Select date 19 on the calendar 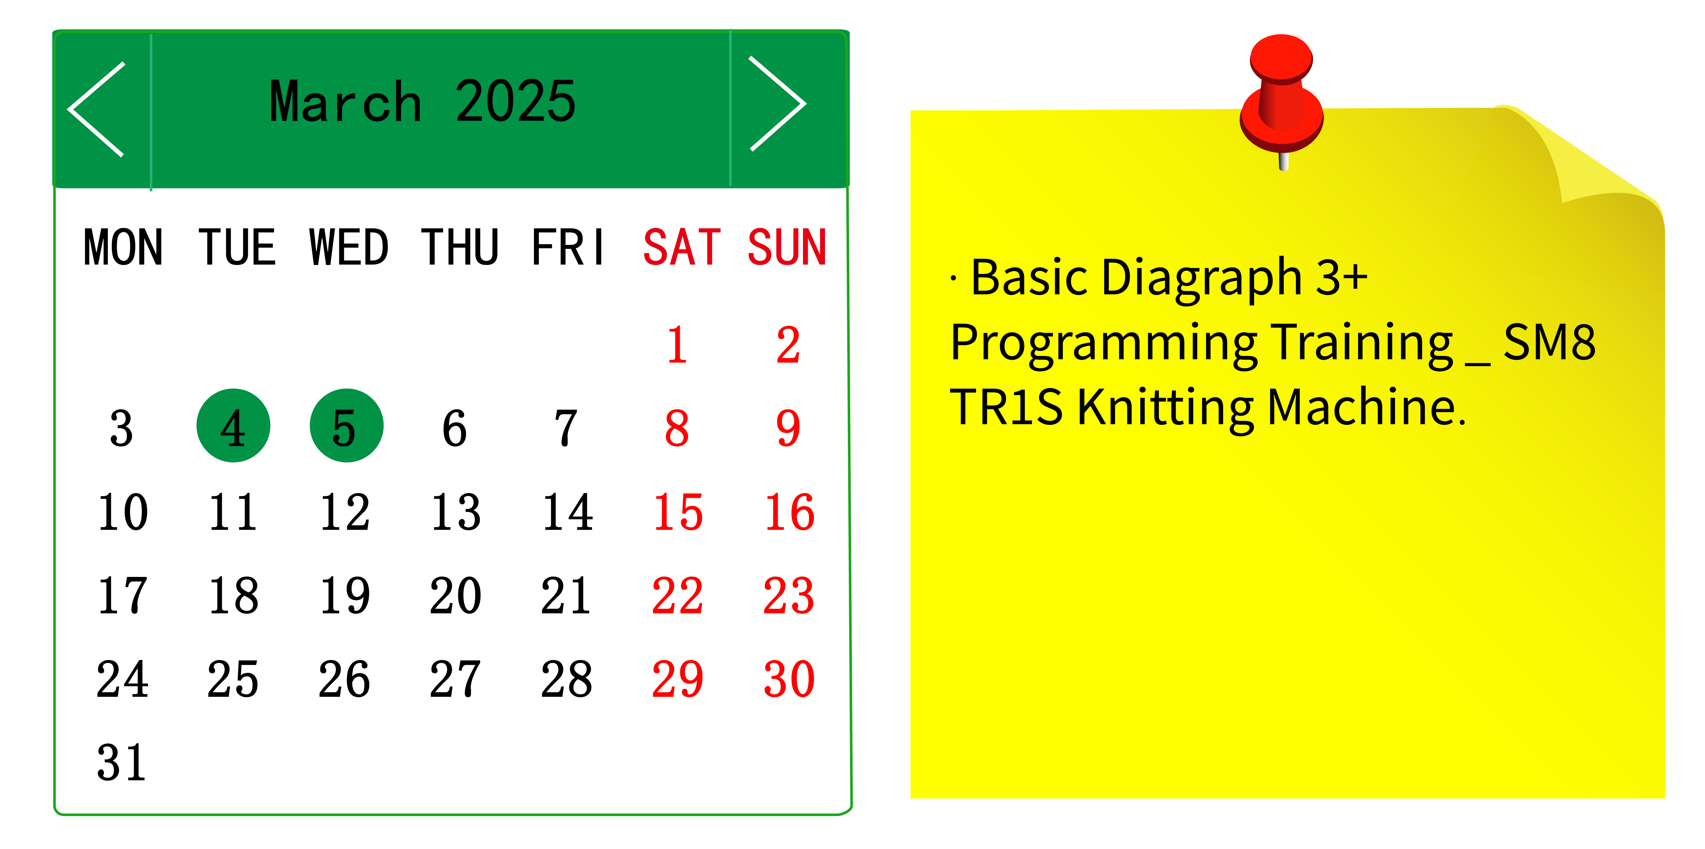(345, 595)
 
